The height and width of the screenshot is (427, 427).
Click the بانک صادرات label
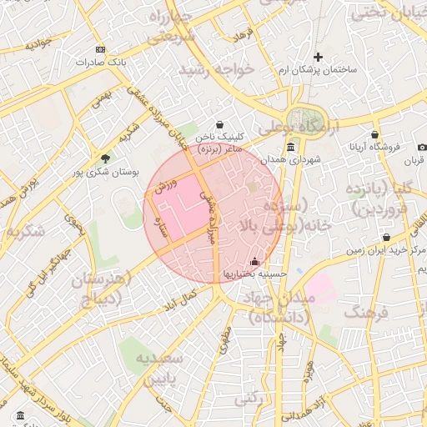coord(99,63)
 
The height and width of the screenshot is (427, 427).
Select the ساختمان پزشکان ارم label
coord(317,69)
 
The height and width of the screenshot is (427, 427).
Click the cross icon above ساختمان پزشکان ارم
coord(317,57)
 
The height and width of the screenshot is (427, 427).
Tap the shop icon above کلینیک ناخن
coord(219,124)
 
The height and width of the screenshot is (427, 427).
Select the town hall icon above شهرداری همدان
coord(290,147)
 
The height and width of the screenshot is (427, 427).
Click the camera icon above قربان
coord(422,147)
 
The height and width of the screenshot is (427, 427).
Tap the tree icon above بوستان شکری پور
coord(105,158)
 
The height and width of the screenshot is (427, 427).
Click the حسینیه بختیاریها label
coord(254,273)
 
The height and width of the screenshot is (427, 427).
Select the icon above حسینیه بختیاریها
coord(254,260)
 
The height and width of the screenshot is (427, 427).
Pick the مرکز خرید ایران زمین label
coord(384,249)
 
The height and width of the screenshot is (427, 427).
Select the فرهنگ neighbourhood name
coord(371,314)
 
